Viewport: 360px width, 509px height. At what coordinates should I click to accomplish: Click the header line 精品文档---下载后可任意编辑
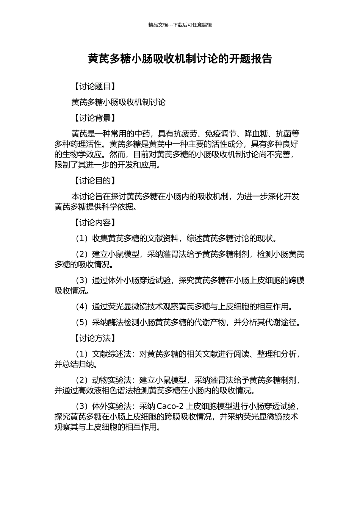point(180,25)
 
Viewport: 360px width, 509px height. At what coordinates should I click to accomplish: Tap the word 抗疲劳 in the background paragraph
point(185,134)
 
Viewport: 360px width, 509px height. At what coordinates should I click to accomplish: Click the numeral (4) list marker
point(82,306)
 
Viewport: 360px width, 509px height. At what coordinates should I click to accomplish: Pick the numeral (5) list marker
point(82,322)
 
